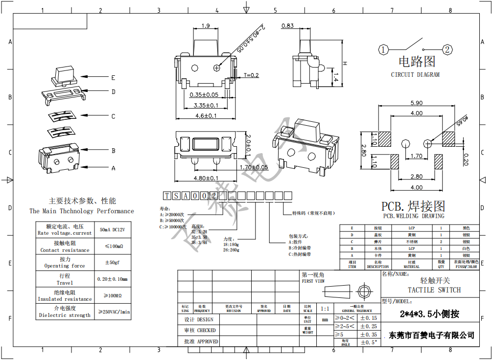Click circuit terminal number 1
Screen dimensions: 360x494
383,49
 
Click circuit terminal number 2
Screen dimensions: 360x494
447,49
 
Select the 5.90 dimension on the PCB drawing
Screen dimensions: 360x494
416,103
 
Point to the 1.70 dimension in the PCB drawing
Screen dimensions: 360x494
417,157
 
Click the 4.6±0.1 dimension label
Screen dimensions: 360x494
206,116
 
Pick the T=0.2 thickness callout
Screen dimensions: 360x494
251,75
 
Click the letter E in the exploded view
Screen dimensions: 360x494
113,77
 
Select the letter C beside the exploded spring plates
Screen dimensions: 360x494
113,116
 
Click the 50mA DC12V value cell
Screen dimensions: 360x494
113,229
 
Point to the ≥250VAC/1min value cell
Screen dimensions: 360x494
114,312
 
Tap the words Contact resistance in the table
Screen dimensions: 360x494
65,250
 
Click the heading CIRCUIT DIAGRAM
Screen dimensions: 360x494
415,75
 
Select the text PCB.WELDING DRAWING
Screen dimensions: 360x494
414,216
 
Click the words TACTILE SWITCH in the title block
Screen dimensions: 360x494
434,290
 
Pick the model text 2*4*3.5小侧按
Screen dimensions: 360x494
429,314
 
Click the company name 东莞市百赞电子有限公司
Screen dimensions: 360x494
431,335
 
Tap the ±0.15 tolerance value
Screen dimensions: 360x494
368,318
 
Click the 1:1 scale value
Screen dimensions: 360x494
325,309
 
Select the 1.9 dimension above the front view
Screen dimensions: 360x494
206,26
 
